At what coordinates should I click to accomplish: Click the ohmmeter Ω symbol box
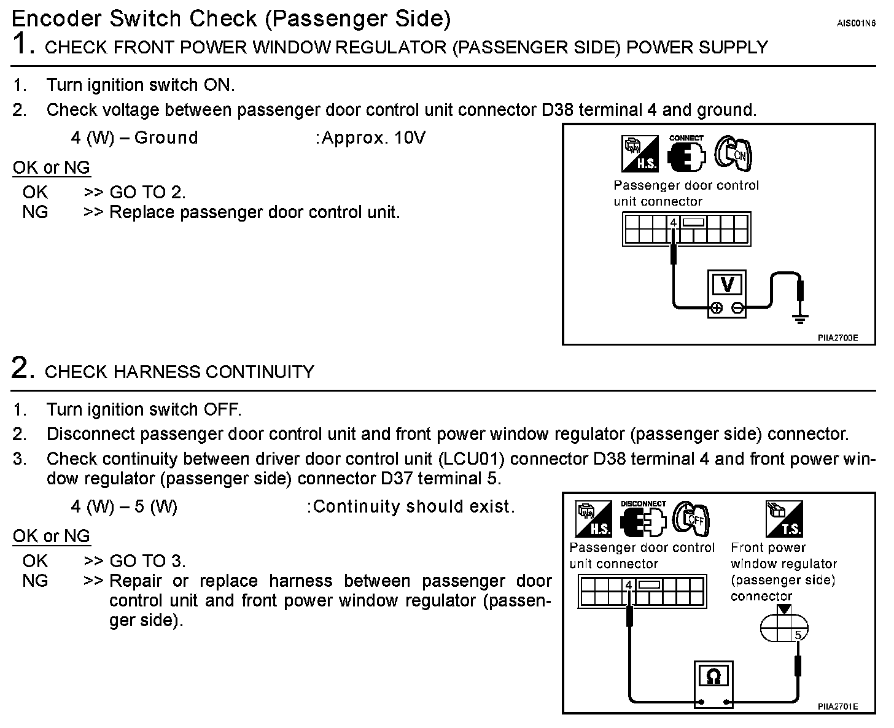713,677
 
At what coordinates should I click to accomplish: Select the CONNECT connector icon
686,153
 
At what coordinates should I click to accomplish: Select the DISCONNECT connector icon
642,520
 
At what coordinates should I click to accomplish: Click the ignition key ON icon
734,153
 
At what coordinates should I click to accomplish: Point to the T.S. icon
784,519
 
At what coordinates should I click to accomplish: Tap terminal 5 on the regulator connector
798,635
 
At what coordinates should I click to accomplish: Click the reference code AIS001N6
856,23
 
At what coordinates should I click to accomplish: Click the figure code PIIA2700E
837,338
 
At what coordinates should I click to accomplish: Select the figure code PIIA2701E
837,707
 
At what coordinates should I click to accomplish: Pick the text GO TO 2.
147,192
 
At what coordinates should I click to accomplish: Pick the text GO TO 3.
147,560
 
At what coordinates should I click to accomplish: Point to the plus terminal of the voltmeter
716,309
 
